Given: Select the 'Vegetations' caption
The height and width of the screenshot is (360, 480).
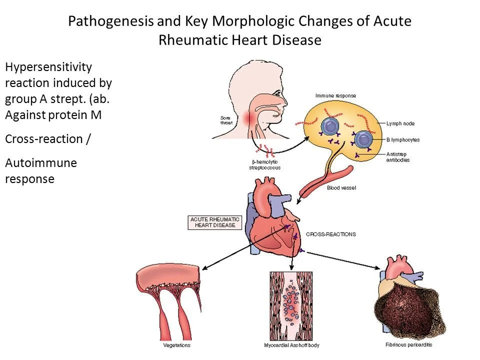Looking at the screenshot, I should tap(176, 345).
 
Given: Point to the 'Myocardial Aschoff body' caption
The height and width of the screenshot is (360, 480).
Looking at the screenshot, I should tap(291, 345).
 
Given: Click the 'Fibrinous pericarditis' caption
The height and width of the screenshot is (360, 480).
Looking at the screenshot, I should tap(408, 344).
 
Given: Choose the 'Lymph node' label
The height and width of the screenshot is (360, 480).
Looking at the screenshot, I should tap(399, 123).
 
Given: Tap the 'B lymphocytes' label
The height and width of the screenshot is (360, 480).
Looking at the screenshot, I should tap(403, 140).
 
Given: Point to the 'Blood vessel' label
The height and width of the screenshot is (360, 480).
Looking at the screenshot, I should tap(339, 188).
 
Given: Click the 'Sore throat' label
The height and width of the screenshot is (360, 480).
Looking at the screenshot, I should tap(226, 120).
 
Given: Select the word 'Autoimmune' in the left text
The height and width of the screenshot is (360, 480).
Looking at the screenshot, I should tap(41, 163).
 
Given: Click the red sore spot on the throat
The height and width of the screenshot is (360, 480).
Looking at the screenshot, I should tap(250, 119).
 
